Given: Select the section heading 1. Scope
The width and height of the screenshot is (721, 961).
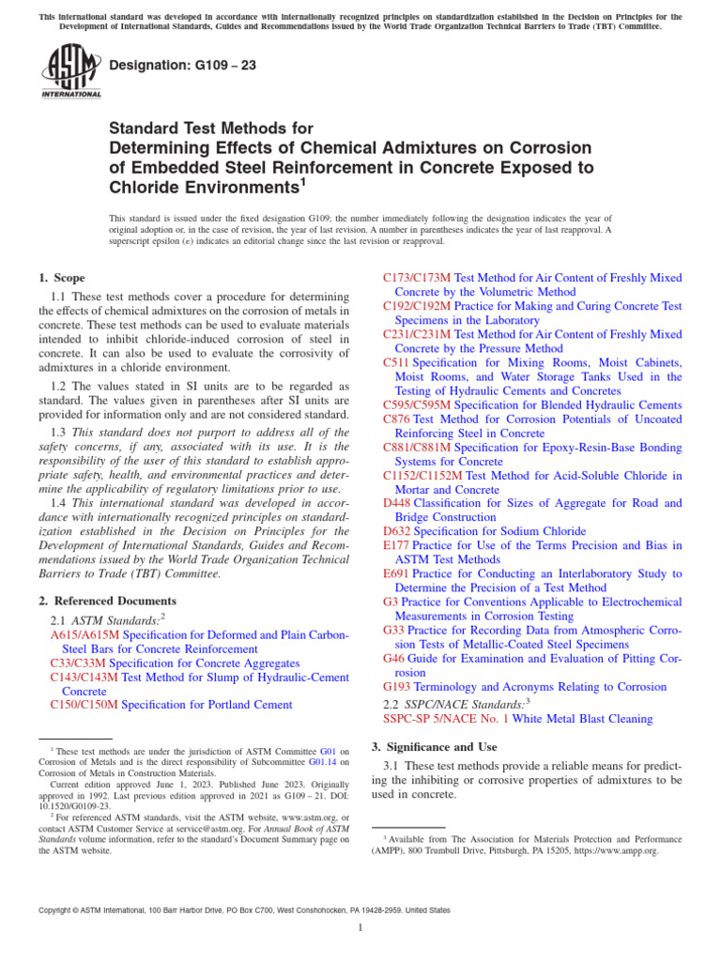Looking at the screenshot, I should (62, 278).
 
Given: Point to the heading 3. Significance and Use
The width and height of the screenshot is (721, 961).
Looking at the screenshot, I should (435, 747).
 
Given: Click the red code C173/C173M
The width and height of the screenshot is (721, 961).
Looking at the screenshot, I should (417, 279).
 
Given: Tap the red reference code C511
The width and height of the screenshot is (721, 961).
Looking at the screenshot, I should (396, 362).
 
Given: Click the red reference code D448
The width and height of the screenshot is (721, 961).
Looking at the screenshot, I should (397, 503).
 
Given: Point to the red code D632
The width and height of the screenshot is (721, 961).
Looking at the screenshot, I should (397, 531).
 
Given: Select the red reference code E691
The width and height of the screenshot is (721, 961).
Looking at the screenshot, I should (397, 572).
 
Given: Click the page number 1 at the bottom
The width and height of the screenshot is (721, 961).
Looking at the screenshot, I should (360, 928).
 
